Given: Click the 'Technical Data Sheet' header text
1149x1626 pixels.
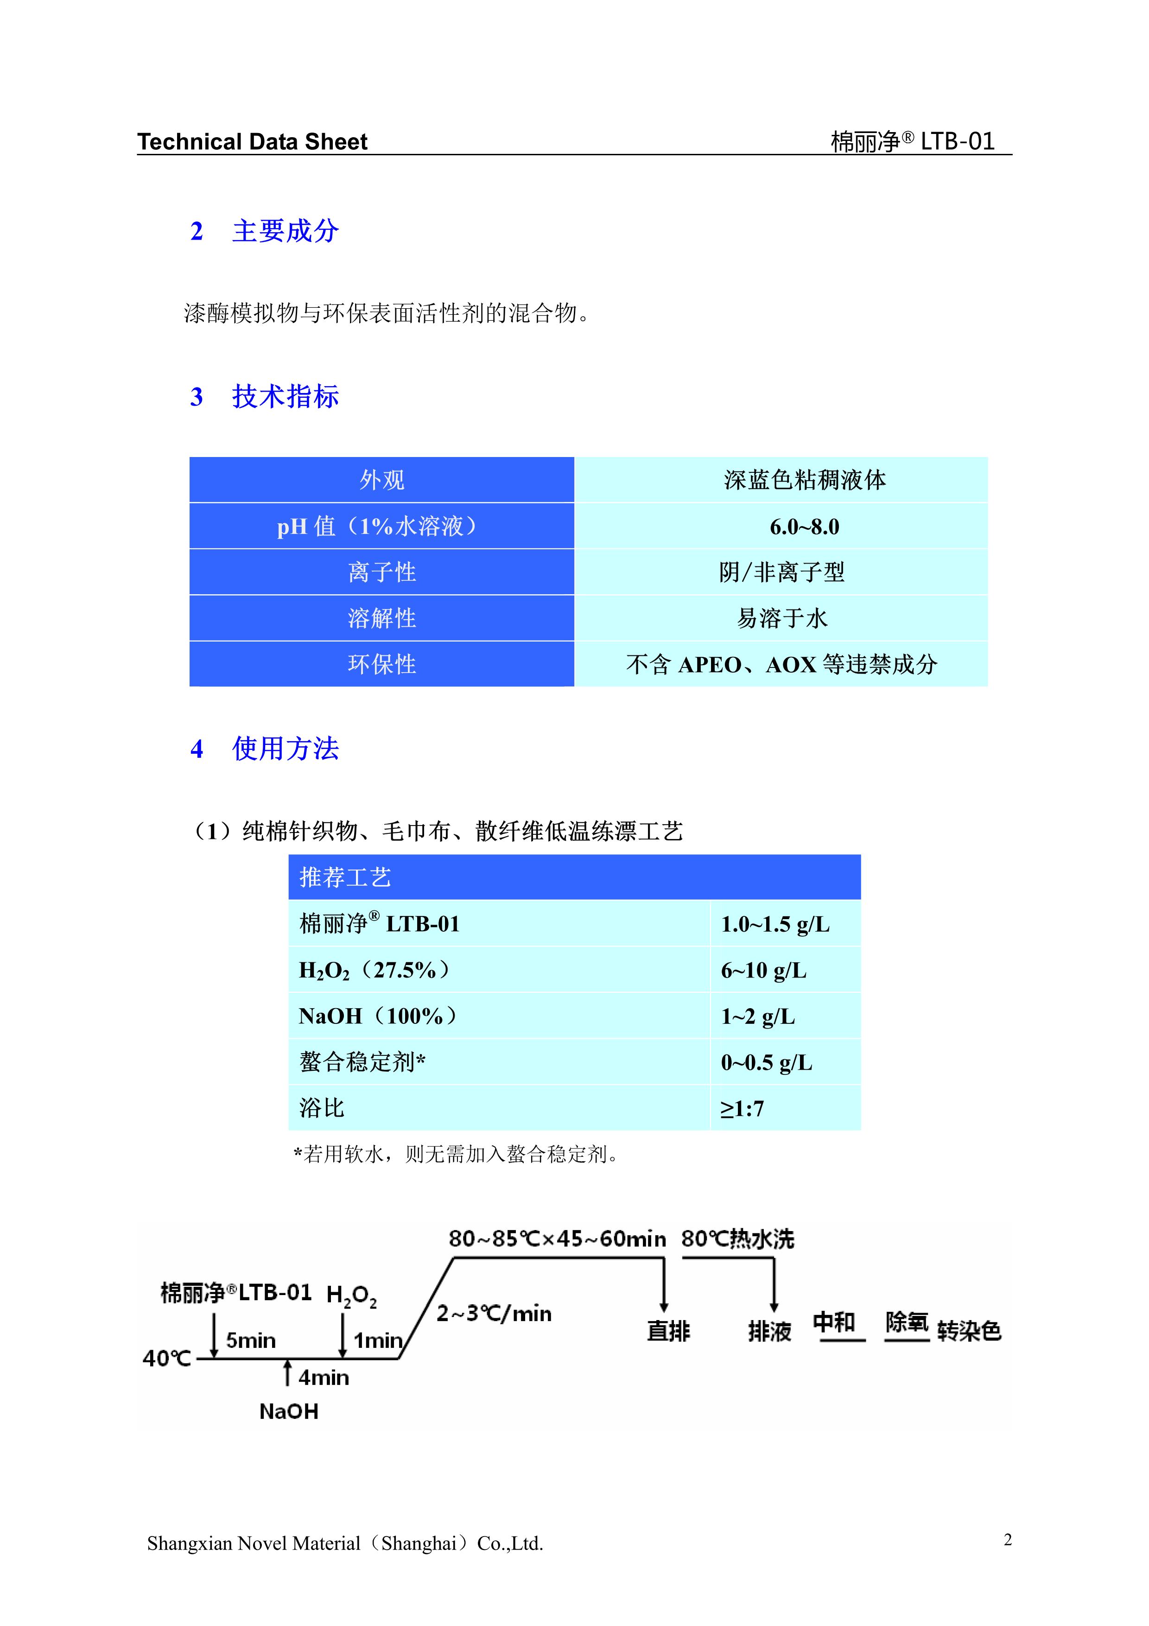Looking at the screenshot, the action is coord(252,142).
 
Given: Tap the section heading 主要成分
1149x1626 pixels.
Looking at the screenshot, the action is coord(286,231).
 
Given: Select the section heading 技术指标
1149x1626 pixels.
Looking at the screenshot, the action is coord(286,397).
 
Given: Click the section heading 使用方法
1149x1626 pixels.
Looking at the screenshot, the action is coord(286,749).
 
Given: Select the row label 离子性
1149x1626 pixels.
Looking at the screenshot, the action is coord(381,572).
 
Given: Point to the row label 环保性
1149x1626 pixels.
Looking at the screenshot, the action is coord(381,664).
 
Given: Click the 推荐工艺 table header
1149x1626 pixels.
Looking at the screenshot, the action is coord(345,877).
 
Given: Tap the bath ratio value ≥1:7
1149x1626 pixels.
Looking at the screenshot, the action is coord(742,1108).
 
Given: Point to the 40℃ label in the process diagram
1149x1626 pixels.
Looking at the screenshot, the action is coord(167,1358).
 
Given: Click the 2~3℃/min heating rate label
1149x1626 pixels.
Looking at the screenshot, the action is coord(494,1313).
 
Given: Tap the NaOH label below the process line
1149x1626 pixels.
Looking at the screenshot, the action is coord(289,1411).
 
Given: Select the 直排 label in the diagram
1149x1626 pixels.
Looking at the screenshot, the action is coord(668,1331).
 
